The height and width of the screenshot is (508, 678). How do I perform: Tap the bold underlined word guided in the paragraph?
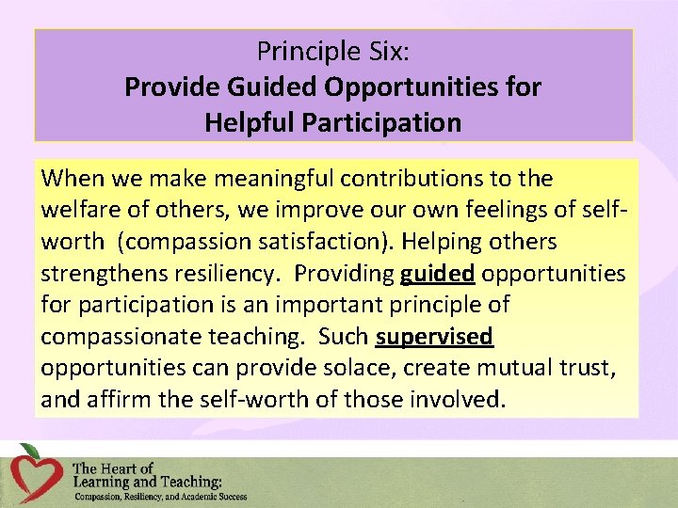click(x=437, y=274)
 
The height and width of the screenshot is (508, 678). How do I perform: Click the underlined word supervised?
click(x=434, y=336)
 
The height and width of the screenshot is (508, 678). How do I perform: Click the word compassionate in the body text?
click(x=126, y=336)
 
